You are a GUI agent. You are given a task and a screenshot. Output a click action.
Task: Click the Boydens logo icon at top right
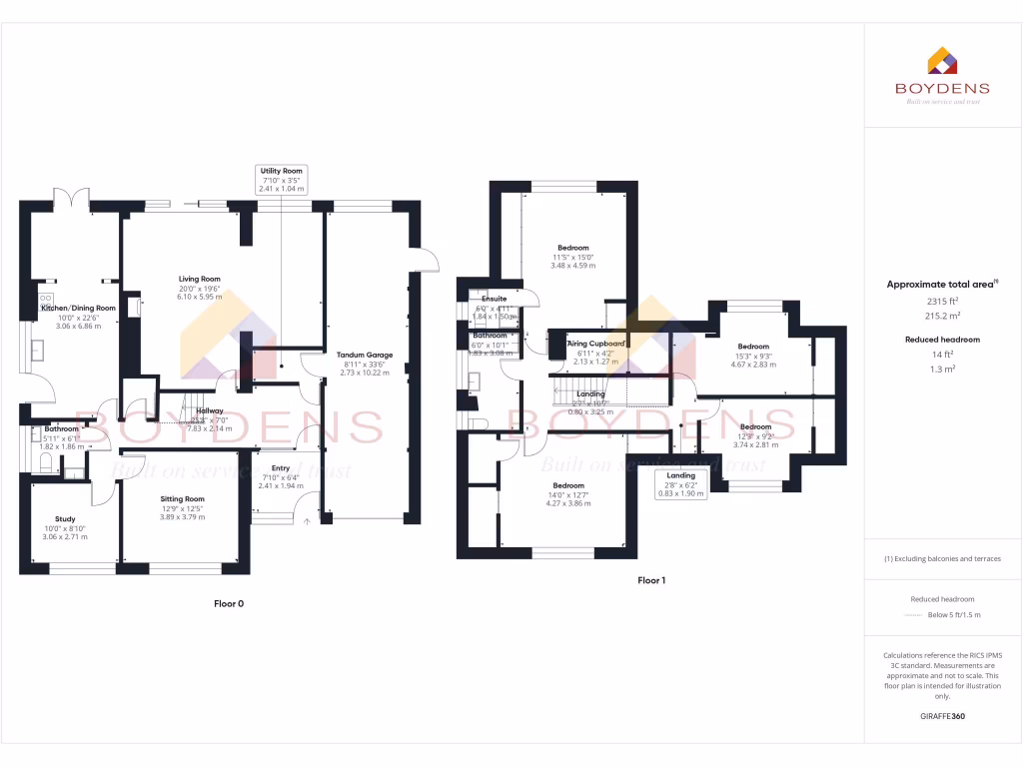point(943,61)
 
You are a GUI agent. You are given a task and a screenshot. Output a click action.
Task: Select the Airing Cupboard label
point(597,344)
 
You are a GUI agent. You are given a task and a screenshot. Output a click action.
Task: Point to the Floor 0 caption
point(229,603)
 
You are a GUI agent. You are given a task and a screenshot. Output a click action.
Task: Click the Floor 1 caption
point(651,580)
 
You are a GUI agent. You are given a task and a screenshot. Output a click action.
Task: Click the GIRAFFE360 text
point(943,716)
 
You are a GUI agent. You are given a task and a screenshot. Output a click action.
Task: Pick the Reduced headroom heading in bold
point(942,340)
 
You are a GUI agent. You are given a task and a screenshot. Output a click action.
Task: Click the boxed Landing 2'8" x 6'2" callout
point(681,483)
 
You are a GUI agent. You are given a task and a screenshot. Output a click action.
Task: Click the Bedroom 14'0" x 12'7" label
point(568,494)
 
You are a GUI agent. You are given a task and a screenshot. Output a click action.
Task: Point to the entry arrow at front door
point(308,520)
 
